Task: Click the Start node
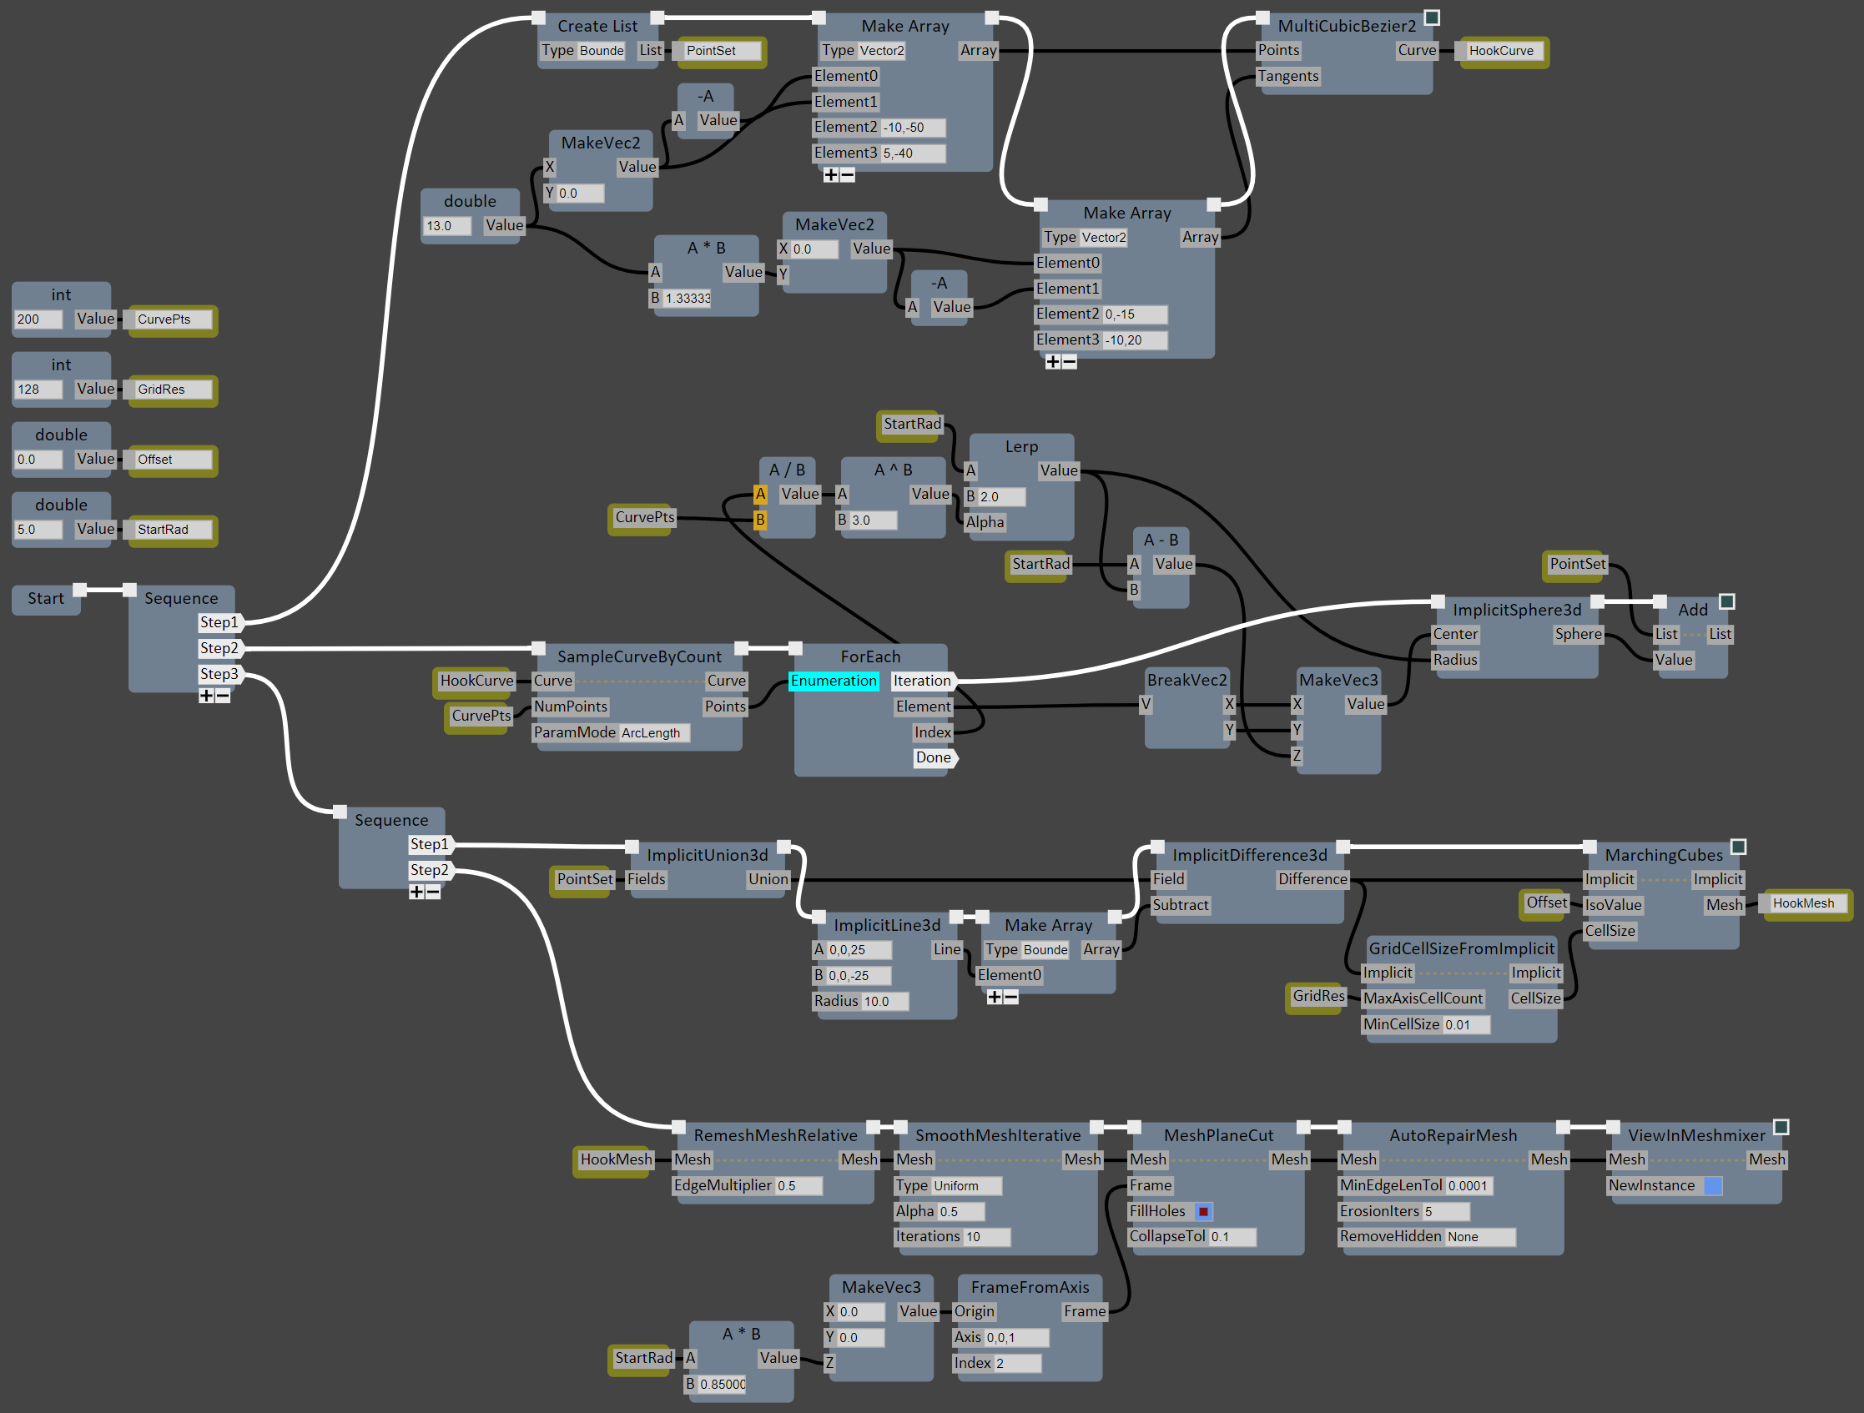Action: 46,599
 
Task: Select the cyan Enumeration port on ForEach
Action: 834,681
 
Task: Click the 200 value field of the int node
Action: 38,319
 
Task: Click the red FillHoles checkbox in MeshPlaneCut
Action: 1203,1212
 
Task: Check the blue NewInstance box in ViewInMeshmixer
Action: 1712,1186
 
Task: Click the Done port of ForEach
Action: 934,757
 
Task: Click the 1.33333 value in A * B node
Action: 688,299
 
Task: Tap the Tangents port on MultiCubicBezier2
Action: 1287,77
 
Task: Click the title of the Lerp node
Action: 1021,446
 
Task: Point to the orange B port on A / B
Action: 760,520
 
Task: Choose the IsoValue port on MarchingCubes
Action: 1613,905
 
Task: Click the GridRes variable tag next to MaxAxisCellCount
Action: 1318,996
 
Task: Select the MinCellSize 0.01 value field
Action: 1466,1024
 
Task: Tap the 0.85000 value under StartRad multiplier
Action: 723,1385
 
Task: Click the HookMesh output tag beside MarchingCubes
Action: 1804,904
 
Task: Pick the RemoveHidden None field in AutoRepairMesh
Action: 1480,1237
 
